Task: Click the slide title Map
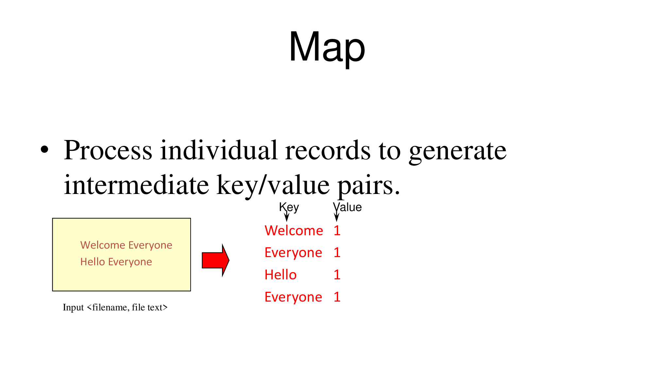pos(327,46)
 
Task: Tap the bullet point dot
pos(44,149)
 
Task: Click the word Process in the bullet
pos(108,150)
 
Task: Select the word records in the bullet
pos(328,150)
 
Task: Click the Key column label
pos(289,207)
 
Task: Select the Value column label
pos(347,207)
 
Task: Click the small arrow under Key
pos(287,216)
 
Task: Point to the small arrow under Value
pos(336,216)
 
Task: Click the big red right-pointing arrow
pos(215,260)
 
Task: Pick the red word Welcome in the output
pos(294,231)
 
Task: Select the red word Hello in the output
pos(281,275)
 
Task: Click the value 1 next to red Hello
pos(337,275)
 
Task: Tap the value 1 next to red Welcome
pos(337,231)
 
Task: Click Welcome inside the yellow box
pos(103,245)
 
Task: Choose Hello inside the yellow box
pos(93,262)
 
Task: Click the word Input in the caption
pos(73,308)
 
